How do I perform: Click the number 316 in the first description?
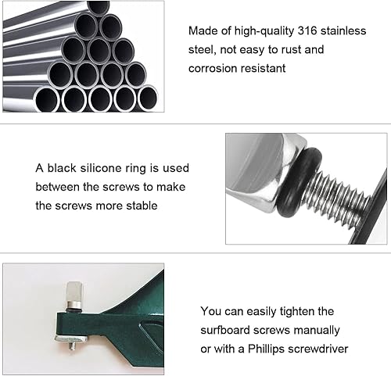(307, 30)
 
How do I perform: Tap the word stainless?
(343, 30)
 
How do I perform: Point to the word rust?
(289, 49)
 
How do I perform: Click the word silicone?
(101, 168)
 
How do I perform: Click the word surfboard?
(225, 330)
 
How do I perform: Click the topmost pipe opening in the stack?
(99, 7)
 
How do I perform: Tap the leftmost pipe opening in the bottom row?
(46, 100)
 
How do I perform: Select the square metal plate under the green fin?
(71, 338)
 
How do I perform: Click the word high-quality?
(264, 31)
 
